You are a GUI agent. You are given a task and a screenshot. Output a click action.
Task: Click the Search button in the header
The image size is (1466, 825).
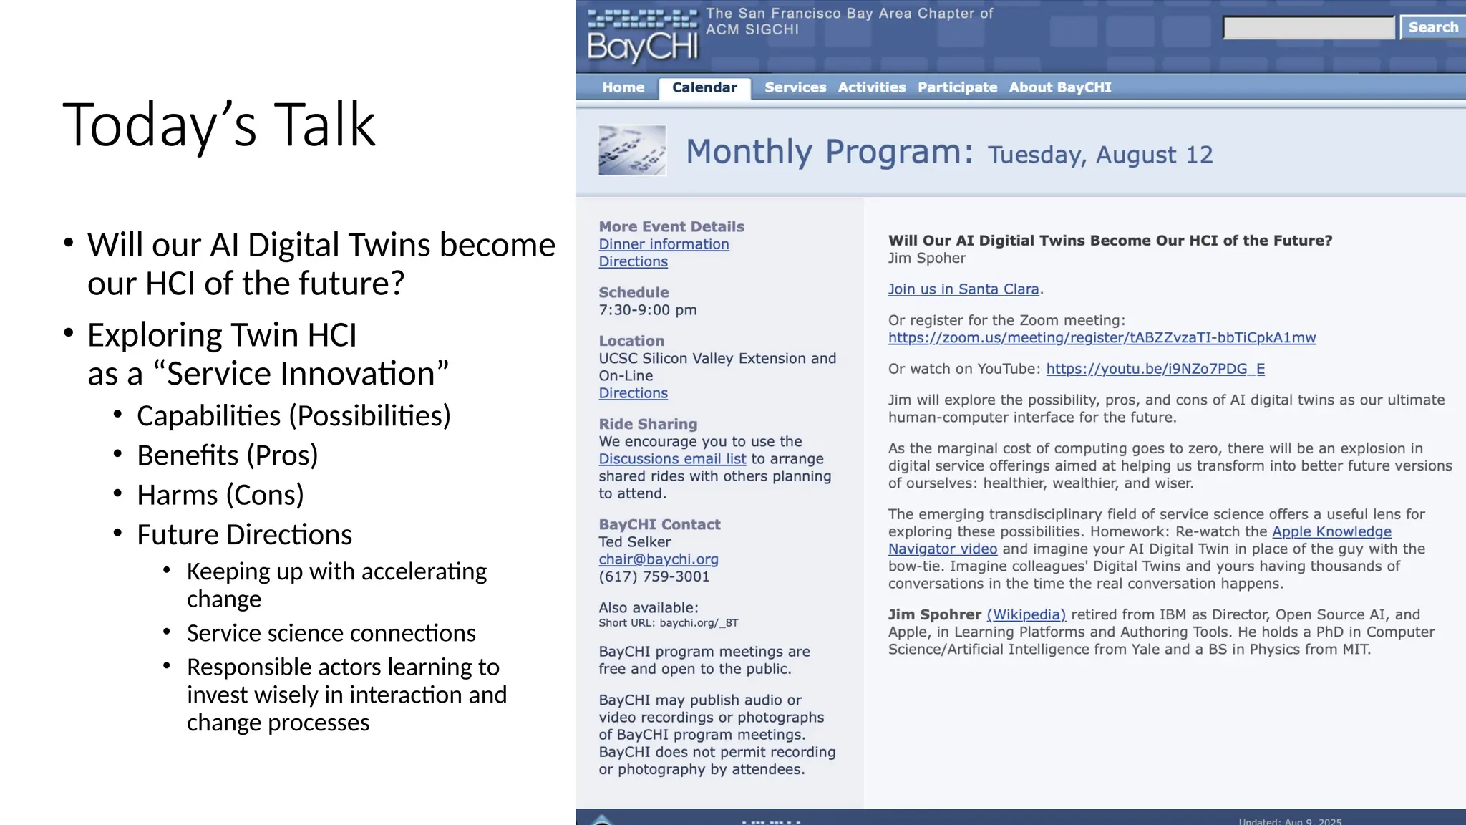[x=1432, y=27]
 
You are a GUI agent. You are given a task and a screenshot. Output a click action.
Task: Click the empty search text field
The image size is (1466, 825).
[x=1309, y=28]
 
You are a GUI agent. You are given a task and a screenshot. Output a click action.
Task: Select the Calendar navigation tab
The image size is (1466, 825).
[x=704, y=87]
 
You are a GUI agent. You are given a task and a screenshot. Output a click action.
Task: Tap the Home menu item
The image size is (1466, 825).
[x=623, y=87]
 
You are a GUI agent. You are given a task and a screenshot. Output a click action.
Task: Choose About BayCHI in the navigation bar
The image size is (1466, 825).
[x=1059, y=87]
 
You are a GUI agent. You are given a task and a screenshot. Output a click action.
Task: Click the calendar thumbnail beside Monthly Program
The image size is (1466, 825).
[x=632, y=150]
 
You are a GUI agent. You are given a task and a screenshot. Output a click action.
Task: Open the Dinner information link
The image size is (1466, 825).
[x=664, y=244]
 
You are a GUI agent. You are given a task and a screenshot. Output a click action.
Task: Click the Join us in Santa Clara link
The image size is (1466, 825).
[x=963, y=289]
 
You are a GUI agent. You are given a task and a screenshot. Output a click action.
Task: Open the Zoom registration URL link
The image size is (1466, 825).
[x=1102, y=337]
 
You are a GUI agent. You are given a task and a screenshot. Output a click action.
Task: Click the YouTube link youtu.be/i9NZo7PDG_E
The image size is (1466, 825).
[x=1155, y=369]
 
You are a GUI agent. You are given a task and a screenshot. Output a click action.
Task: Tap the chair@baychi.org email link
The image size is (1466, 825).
[x=659, y=559]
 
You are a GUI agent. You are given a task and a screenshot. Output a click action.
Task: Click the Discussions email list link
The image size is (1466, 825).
[x=672, y=459]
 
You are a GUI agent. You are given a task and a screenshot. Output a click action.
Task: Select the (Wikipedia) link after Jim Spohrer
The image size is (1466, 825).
[x=1026, y=614]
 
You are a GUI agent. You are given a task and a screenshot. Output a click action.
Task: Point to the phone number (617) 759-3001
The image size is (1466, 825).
[x=654, y=576]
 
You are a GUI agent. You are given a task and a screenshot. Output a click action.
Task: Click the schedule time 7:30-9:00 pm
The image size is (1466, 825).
[x=647, y=310]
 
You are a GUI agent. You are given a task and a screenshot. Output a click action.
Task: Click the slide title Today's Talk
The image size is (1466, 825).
[x=219, y=125]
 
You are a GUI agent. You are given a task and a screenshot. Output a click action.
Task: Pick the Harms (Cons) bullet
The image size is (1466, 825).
[x=220, y=495]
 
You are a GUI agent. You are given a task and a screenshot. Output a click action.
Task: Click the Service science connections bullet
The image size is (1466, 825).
[x=331, y=633]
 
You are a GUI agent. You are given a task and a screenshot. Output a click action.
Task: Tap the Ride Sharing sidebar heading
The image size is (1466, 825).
[x=647, y=424]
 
